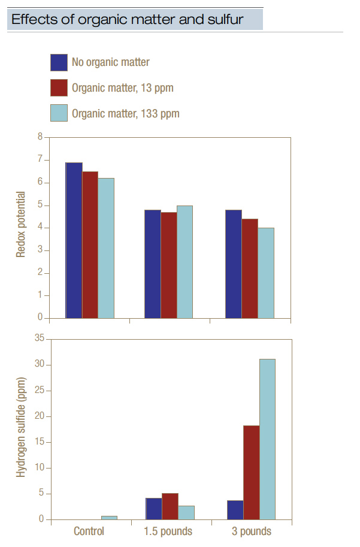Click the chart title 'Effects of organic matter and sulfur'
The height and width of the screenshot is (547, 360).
pos(128,19)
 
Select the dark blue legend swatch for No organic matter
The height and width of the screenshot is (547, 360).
pos(59,62)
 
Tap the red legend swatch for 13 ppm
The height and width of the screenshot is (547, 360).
pos(59,87)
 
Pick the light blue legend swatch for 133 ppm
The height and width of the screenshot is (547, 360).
pos(59,113)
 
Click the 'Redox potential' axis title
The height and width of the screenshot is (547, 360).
pos(20,224)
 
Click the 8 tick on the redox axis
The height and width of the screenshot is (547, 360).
pos(40,137)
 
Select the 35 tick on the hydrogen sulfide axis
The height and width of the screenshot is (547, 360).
pos(39,339)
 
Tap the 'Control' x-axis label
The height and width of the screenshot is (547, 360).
pos(89,531)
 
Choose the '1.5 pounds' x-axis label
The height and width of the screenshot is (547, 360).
pos(169,531)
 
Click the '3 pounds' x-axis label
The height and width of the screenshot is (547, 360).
pos(250,531)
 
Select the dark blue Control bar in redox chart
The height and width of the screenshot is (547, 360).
pos(74,240)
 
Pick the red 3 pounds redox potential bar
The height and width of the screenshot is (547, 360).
pos(250,268)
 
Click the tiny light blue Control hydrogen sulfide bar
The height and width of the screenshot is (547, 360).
pos(109,517)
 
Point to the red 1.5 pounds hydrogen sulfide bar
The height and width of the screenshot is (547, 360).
pos(170,506)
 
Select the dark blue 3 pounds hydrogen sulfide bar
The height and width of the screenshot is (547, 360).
pos(235,510)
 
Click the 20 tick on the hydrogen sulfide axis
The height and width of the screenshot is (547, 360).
pos(39,416)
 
